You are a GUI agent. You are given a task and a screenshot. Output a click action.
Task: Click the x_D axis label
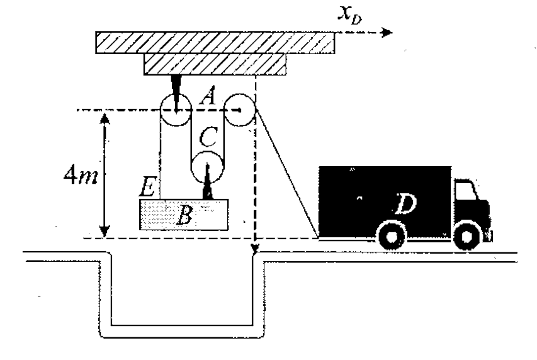tap(349, 15)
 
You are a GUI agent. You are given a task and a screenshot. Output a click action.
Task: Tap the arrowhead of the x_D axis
tap(387, 33)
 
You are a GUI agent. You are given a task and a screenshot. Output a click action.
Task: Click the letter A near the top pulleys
tap(208, 95)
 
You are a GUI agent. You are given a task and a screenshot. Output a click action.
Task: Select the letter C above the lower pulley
tap(208, 137)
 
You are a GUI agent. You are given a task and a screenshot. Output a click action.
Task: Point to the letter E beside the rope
tap(149, 187)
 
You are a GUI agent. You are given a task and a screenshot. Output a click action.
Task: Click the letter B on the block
tap(184, 215)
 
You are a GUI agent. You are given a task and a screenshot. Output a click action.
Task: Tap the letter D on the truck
tap(405, 204)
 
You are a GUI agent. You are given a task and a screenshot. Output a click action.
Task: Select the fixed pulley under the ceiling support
tap(176, 110)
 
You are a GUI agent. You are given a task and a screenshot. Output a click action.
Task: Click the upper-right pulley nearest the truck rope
tap(240, 110)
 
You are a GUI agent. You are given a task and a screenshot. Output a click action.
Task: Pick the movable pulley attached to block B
tap(207, 168)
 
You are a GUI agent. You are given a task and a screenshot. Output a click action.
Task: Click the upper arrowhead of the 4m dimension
tap(105, 118)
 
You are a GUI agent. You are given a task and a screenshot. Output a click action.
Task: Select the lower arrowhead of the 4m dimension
tap(105, 232)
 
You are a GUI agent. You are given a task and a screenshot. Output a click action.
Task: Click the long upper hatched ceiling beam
tap(215, 42)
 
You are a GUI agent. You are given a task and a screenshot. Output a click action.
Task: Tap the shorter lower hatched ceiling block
tap(215, 64)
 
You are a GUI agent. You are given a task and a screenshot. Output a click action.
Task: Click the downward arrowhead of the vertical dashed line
tap(255, 249)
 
